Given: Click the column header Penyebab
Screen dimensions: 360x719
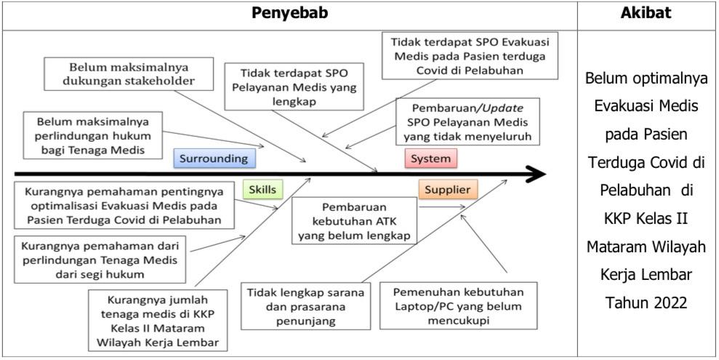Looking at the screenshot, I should [290, 13].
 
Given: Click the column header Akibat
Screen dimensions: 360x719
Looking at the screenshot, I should [648, 13].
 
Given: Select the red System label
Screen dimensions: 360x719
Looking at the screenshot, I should [430, 158].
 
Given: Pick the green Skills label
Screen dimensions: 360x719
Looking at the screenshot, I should [262, 190].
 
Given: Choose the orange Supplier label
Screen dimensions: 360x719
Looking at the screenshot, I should [448, 190].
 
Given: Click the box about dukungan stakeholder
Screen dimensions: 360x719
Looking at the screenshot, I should [122, 73].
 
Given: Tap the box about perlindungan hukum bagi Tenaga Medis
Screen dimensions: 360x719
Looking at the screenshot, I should [90, 135].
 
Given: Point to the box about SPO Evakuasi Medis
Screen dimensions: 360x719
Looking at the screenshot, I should [470, 56].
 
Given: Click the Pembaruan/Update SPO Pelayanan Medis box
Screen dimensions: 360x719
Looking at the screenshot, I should [470, 121].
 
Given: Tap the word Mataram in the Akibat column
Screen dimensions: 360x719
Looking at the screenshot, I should [616, 248].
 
